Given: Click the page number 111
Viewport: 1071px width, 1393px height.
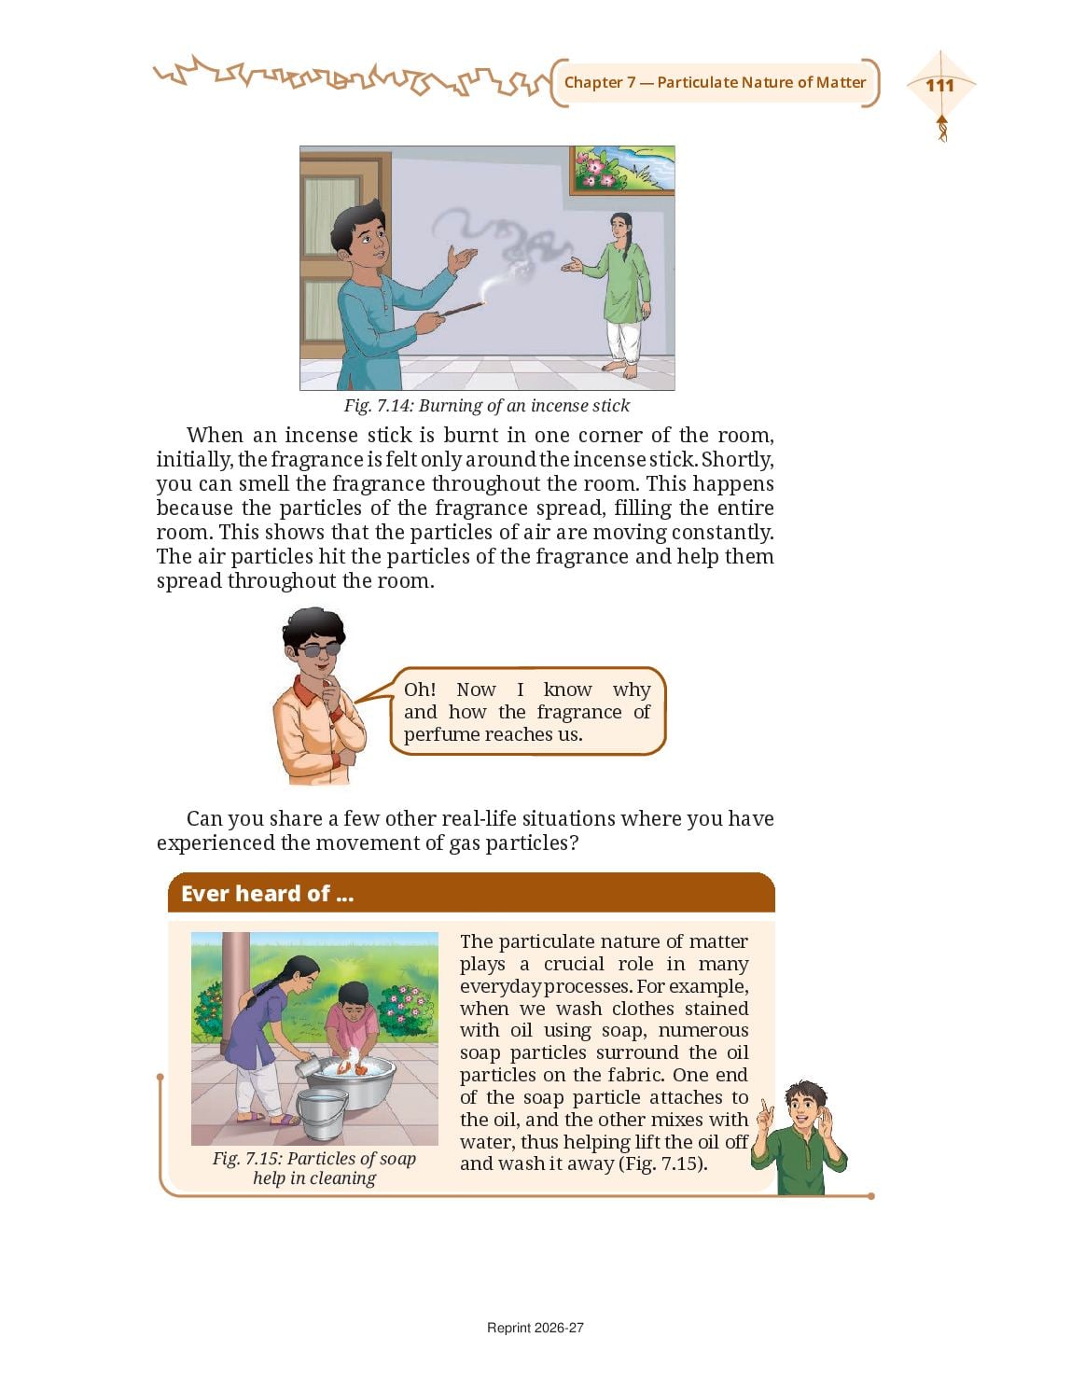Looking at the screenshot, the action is (940, 85).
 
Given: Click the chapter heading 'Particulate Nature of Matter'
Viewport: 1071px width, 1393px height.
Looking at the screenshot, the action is (761, 83).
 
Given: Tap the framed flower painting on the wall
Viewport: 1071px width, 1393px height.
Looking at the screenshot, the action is (622, 170).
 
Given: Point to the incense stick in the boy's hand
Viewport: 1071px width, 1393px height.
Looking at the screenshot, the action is (463, 308).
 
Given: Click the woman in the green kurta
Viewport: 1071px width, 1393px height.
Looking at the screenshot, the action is (618, 294).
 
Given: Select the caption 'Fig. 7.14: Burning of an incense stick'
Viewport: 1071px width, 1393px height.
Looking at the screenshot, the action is (486, 406).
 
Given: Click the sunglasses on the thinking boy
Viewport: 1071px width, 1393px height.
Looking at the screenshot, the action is (317, 650).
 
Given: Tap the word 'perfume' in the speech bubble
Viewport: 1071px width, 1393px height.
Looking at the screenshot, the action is (441, 734).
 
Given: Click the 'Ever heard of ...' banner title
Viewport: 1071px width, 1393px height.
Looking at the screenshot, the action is (267, 893).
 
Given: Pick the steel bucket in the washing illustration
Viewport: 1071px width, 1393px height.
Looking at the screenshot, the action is (322, 1113).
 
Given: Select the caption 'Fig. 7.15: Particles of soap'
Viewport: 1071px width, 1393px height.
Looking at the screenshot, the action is (314, 1159).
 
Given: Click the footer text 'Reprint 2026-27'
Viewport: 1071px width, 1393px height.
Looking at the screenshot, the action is (535, 1328).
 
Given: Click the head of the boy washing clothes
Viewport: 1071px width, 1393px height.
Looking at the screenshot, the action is (353, 997).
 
